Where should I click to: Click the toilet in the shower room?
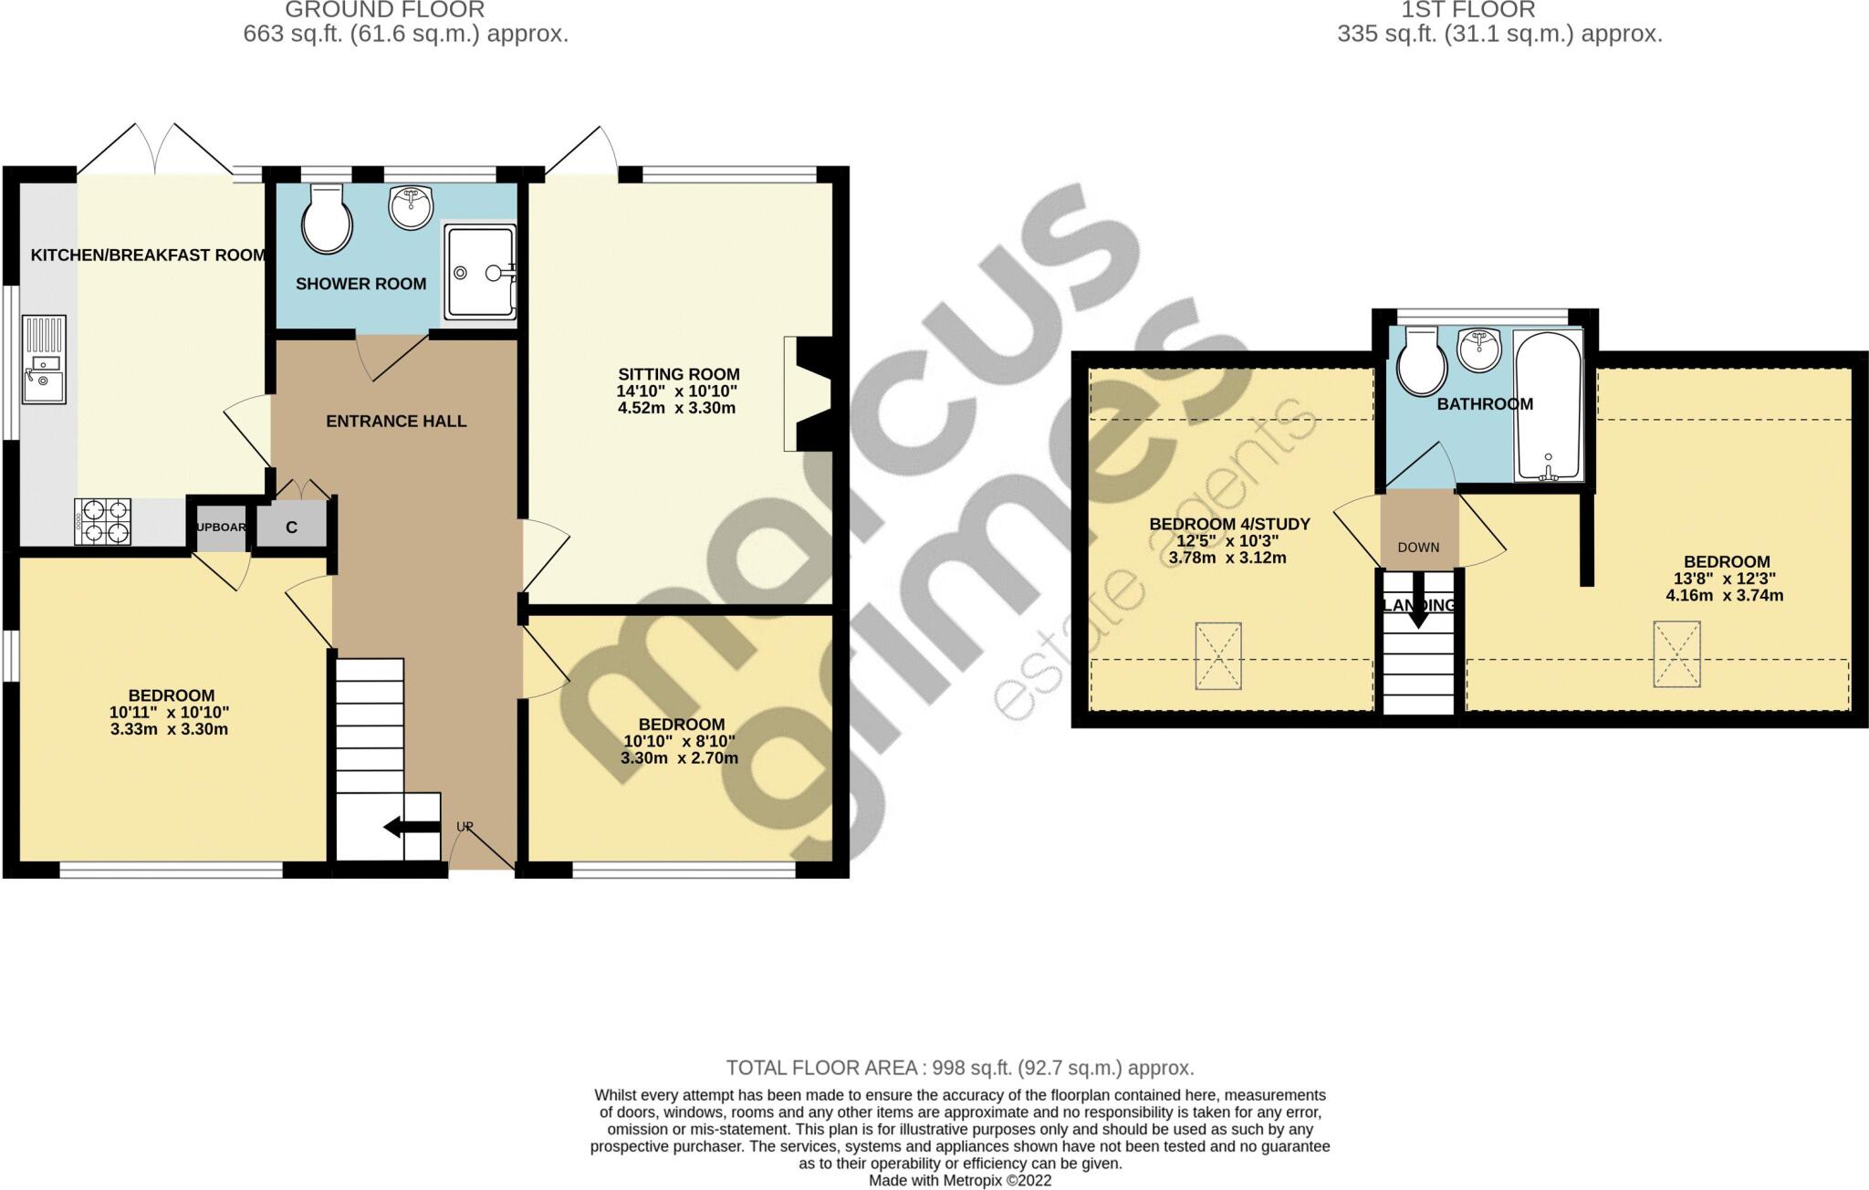click(327, 220)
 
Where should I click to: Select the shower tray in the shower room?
click(480, 272)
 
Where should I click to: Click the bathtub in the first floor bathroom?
click(1548, 405)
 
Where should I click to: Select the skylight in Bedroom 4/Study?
click(1217, 656)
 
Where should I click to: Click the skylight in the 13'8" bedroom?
click(1676, 653)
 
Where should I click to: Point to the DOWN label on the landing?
click(1418, 548)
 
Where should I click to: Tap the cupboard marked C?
click(291, 527)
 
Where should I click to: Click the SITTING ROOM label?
click(678, 374)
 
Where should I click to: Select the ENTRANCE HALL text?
click(396, 422)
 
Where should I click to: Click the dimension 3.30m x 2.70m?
click(679, 758)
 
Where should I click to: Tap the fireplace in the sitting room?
click(809, 393)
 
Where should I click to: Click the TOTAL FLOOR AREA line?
click(959, 1068)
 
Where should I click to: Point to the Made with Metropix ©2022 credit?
click(959, 1180)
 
